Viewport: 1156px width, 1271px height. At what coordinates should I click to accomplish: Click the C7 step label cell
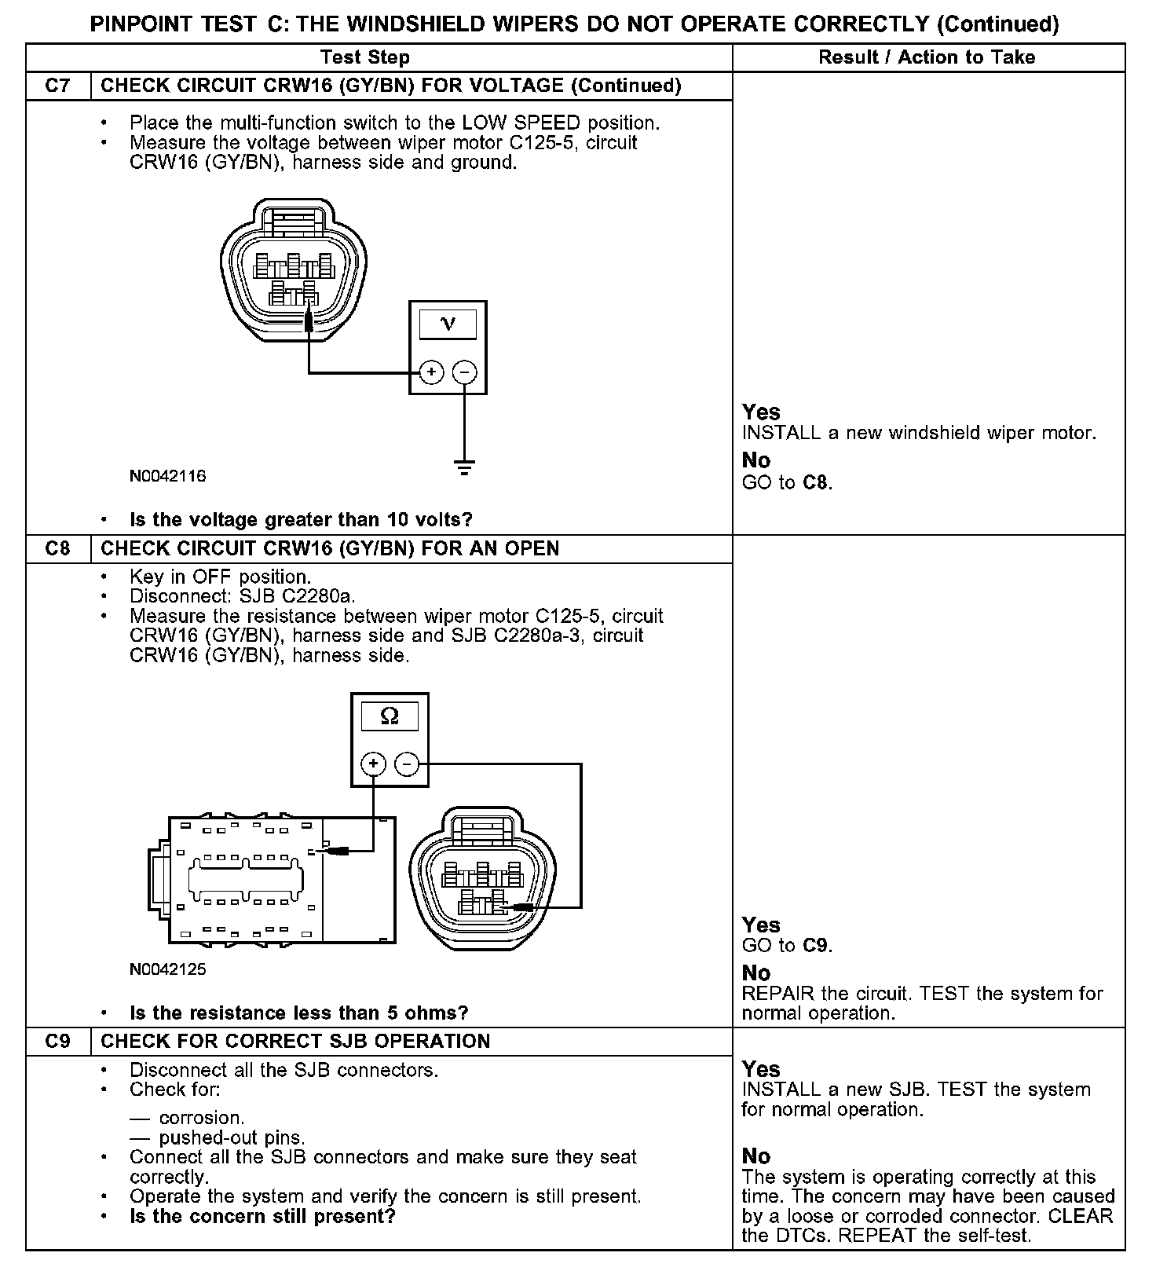(x=58, y=86)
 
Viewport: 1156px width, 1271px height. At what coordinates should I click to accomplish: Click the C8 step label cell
(x=58, y=548)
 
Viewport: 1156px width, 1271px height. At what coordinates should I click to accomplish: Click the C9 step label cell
(x=58, y=1041)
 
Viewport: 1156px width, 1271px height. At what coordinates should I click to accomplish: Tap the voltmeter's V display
(x=448, y=324)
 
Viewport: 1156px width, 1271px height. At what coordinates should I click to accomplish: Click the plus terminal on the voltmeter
(x=431, y=372)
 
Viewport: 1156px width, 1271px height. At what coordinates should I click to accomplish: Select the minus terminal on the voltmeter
(x=465, y=372)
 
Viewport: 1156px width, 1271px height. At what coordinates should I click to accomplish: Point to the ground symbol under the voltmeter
(x=465, y=467)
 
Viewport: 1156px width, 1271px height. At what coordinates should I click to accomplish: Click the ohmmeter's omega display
(x=390, y=716)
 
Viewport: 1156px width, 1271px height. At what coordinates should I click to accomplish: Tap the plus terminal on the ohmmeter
(x=373, y=764)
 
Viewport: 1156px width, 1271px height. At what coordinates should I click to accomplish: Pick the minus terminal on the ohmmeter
(x=407, y=764)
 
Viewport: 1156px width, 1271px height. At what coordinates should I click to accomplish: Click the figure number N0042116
(x=167, y=476)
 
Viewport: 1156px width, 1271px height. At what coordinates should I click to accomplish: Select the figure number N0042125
(x=167, y=969)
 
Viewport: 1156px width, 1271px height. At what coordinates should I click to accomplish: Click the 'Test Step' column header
(x=365, y=57)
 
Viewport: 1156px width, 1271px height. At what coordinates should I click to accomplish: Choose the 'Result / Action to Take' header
(x=927, y=57)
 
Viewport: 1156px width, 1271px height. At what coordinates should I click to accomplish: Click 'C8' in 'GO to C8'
(x=816, y=482)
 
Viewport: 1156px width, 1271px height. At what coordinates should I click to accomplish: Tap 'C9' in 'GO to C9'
(x=816, y=946)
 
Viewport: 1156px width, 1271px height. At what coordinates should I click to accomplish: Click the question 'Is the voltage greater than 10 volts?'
(x=301, y=520)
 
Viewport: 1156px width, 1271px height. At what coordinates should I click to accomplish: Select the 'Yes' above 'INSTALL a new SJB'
(x=761, y=1069)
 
